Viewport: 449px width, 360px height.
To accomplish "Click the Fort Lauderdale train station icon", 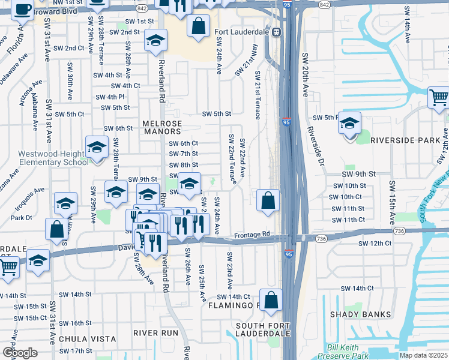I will tap(277, 32).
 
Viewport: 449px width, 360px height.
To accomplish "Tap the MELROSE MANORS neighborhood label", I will tap(162, 124).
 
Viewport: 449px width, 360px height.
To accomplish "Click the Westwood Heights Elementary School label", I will tap(53, 158).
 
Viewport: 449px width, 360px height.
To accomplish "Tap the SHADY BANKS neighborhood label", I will tap(360, 314).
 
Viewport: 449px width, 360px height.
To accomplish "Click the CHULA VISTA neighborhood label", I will tap(86, 339).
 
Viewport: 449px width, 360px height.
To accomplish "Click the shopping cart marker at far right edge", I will tap(439, 98).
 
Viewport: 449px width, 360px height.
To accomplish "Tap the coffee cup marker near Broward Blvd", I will tap(22, 11).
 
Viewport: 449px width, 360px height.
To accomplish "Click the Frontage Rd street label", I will tap(253, 235).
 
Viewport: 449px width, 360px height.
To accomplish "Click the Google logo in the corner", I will tap(19, 353).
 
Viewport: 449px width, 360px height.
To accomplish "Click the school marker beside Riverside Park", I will tap(349, 125).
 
